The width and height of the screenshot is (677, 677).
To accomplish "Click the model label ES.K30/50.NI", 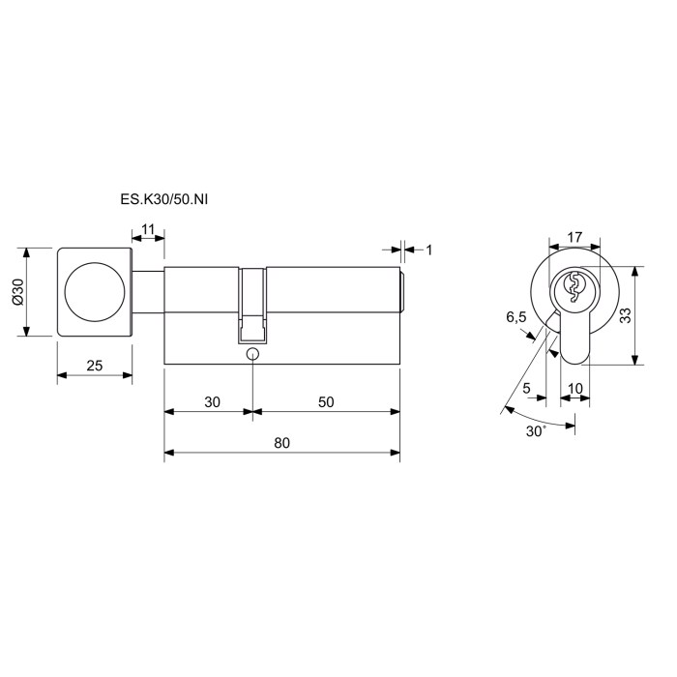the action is coord(164,199).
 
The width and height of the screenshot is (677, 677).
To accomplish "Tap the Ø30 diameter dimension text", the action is coord(18,292).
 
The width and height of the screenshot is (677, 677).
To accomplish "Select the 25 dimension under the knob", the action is coord(95,366).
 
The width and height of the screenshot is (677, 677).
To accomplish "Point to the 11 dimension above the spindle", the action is coord(148,229).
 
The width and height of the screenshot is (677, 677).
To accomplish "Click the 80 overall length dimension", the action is coord(282,443).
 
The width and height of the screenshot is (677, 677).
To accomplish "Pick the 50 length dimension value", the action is coord(326,402).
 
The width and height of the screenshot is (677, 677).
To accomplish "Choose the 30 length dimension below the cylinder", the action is coord(212,402).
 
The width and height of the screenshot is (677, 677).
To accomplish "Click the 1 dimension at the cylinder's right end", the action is coord(428,250).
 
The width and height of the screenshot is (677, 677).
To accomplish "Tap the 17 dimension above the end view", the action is coord(574,237).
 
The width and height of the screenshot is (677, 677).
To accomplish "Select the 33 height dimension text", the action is coord(625,315).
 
